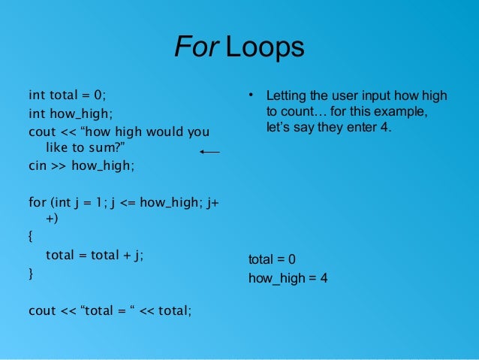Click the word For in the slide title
pos(194,48)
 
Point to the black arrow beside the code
pos(209,152)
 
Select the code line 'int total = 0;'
pos(68,95)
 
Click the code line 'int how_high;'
pos(69,114)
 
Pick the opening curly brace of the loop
pos(31,237)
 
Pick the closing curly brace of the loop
pos(31,273)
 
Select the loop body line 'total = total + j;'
pos(94,255)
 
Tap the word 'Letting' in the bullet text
pos(285,96)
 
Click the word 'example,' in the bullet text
pos(403,112)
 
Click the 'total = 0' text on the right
pos(272,259)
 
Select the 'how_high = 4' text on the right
pos(288,278)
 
